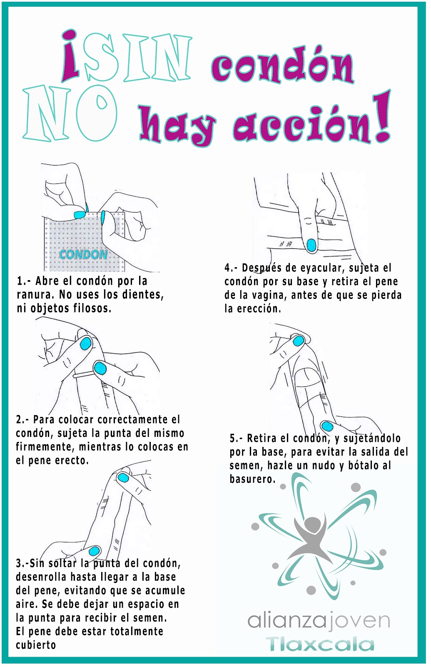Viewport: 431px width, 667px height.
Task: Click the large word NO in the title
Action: pos(70,113)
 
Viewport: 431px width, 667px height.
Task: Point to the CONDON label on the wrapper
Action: pos(83,254)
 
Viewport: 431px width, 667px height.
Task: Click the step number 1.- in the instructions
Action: pos(24,281)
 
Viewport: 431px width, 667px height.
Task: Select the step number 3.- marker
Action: pos(22,564)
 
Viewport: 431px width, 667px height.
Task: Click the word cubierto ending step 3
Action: pos(36,645)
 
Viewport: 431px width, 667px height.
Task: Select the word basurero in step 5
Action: pos(252,479)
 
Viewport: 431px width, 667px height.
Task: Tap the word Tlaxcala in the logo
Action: pos(320,644)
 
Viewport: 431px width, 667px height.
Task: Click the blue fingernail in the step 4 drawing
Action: pos(311,245)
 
